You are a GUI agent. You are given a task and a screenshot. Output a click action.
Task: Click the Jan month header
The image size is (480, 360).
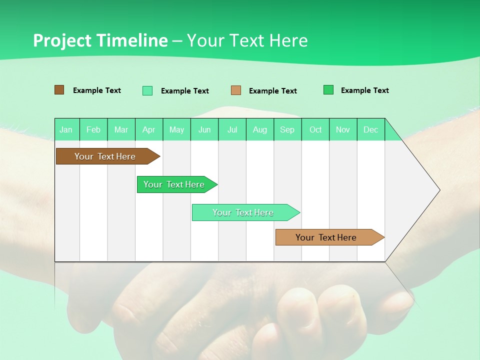pos(66,129)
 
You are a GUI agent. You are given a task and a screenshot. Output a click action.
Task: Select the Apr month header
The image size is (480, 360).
pos(149,129)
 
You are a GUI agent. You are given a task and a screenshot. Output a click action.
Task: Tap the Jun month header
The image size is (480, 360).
pos(204,129)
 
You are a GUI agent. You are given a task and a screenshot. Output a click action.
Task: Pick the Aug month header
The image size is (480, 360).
pos(260,129)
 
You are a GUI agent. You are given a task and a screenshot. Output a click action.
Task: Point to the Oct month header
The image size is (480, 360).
pos(315,129)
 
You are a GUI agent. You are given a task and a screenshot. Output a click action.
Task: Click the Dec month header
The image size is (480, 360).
pos(370,129)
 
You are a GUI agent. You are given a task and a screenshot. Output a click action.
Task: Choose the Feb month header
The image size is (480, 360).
pos(93,129)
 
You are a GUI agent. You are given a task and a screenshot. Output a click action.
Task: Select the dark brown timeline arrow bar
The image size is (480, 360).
pos(105,156)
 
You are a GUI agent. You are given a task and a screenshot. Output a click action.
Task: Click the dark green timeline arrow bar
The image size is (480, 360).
pos(174,184)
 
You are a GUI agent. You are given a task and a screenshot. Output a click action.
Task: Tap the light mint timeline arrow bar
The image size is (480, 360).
pos(243,212)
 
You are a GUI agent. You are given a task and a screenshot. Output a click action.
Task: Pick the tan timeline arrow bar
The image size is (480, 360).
pos(326,237)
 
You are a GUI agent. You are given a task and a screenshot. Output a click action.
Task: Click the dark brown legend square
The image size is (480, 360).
pos(59,90)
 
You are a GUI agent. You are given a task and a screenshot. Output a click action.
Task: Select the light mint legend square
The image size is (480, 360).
pos(147,90)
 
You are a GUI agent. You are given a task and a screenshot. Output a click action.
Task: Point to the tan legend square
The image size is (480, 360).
pos(236,90)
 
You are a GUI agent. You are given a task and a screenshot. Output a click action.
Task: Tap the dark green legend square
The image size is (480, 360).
pos(328,90)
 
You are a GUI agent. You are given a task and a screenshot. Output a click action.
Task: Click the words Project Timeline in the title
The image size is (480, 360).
pos(100,40)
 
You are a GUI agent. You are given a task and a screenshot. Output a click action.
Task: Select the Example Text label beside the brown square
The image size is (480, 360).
pos(97,90)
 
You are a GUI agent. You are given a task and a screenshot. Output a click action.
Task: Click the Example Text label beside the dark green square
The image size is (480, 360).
pos(365,90)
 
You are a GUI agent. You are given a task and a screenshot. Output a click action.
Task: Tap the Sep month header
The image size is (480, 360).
pos(287,129)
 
